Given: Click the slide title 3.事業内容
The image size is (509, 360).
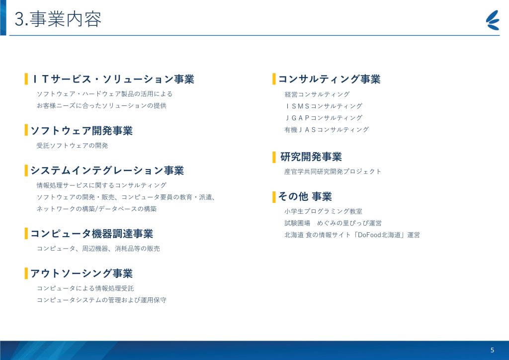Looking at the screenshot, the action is coord(58,19).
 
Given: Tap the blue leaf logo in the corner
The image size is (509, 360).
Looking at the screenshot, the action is coord(493,20).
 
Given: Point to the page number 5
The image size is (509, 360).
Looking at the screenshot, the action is coord(492,350).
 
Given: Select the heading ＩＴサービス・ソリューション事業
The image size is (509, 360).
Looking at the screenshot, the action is coord(113,79).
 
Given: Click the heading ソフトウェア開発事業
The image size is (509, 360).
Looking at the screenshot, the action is coord(82,130).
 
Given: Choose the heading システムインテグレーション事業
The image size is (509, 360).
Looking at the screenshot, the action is coord(107,171).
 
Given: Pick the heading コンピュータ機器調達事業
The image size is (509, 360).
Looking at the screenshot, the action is coord(91,234).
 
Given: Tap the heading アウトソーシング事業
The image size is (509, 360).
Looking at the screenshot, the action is coord(82,273).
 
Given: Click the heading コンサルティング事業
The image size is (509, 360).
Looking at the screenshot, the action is coord(329,79).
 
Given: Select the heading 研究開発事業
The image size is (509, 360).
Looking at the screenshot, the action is coord(311,157).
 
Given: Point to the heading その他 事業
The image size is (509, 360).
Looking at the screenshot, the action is coord(305,197).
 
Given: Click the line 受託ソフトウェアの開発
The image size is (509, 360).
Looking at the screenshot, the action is coord(72,145).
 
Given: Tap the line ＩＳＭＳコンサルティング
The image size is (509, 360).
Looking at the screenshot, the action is coord(323,106).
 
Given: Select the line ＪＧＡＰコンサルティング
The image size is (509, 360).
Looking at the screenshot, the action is coord(323,118).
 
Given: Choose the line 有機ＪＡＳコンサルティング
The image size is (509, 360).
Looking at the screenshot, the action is coord(327,129).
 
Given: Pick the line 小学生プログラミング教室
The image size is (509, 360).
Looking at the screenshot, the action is coord(323,211).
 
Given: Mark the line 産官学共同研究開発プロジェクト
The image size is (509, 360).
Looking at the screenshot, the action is coord(333,172).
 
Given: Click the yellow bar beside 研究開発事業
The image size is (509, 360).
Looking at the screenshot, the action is coord(274,157).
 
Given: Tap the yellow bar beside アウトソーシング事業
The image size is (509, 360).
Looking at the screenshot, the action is coord(26,273).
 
